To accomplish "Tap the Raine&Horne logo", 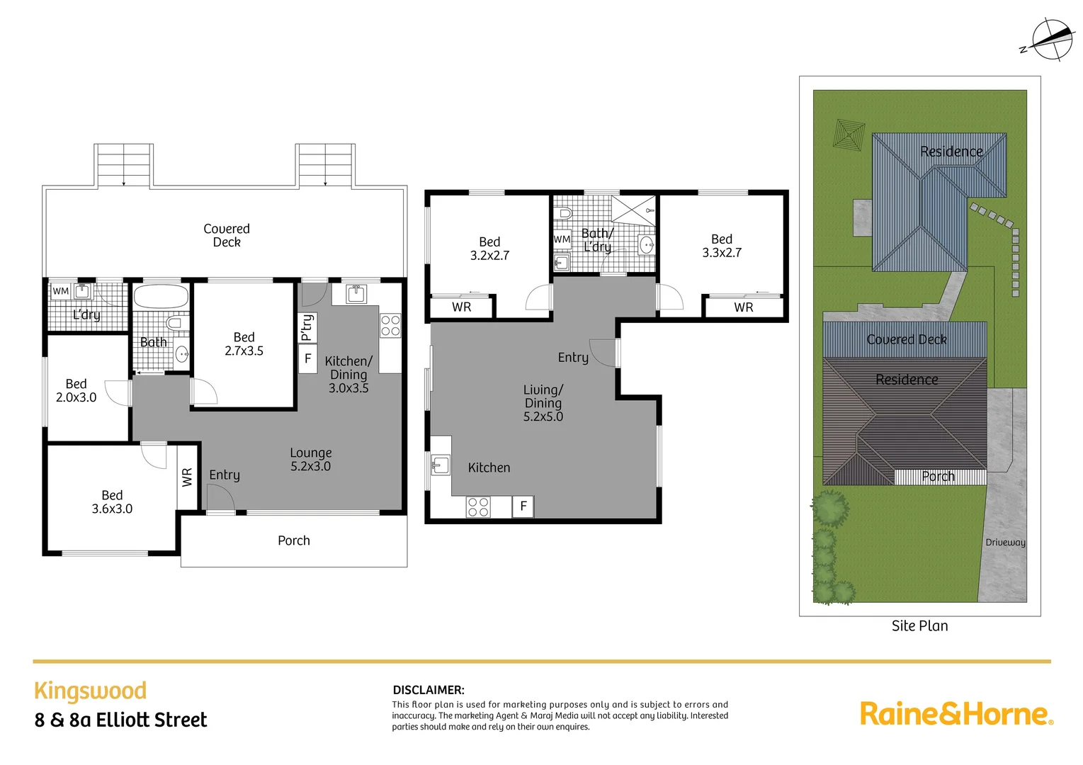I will point(956,713).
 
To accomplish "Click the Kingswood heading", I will point(90,691).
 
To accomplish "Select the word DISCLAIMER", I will point(428,690).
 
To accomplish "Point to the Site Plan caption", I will point(919,626).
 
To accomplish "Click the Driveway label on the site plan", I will point(1004,543).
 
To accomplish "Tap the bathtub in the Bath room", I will point(161,296).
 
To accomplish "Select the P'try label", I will point(307,327).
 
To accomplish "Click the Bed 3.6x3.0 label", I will point(112,502).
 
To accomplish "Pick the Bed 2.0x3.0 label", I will point(76,390).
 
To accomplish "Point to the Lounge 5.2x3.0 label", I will point(310,460).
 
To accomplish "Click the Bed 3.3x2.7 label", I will point(721,246).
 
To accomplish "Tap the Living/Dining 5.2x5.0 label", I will point(543,403).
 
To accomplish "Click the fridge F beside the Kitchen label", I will point(523,506).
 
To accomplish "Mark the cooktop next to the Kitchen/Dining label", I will point(390,325).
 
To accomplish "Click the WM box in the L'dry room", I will point(60,291).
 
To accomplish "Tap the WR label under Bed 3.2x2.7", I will point(461,307).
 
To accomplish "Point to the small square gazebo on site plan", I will point(849,133).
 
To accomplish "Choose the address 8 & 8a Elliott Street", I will point(120,720).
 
